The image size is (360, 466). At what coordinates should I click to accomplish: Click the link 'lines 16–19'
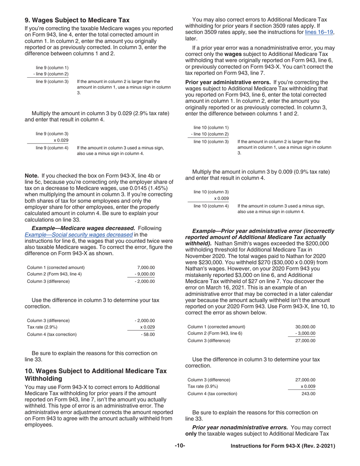319,33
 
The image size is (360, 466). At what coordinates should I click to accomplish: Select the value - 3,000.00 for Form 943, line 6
305,333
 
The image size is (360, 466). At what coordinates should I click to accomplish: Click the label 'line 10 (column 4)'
211,206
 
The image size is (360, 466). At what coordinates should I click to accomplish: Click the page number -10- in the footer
180,446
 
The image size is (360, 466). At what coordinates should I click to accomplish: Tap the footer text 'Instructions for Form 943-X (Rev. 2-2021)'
283,446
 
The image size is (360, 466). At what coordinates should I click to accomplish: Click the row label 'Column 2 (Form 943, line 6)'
215,333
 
